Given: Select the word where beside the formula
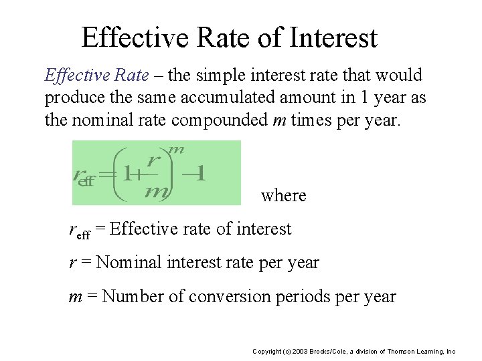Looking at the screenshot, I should pos(283,196).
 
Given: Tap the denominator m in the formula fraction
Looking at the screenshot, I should pos(155,191).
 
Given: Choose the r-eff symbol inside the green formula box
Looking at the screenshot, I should pos(83,176).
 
